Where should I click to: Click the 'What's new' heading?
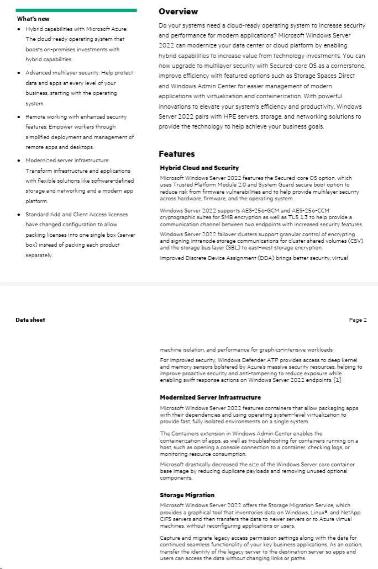(33, 19)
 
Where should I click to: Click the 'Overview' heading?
(178, 12)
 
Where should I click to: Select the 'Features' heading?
(176, 154)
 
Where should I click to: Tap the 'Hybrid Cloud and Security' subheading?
(199, 168)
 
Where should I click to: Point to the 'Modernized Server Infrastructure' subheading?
(210, 397)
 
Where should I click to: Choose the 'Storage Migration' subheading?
(187, 495)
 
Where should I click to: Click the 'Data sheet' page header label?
(30, 320)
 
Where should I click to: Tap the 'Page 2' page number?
(358, 320)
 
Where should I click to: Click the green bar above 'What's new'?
(76, 10)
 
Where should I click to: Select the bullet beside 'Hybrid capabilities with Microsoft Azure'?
(19, 29)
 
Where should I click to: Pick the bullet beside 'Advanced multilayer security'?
(19, 73)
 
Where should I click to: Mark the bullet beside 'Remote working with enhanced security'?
(19, 117)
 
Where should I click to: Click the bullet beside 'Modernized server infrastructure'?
(19, 161)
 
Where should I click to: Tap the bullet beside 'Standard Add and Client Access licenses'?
(19, 215)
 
